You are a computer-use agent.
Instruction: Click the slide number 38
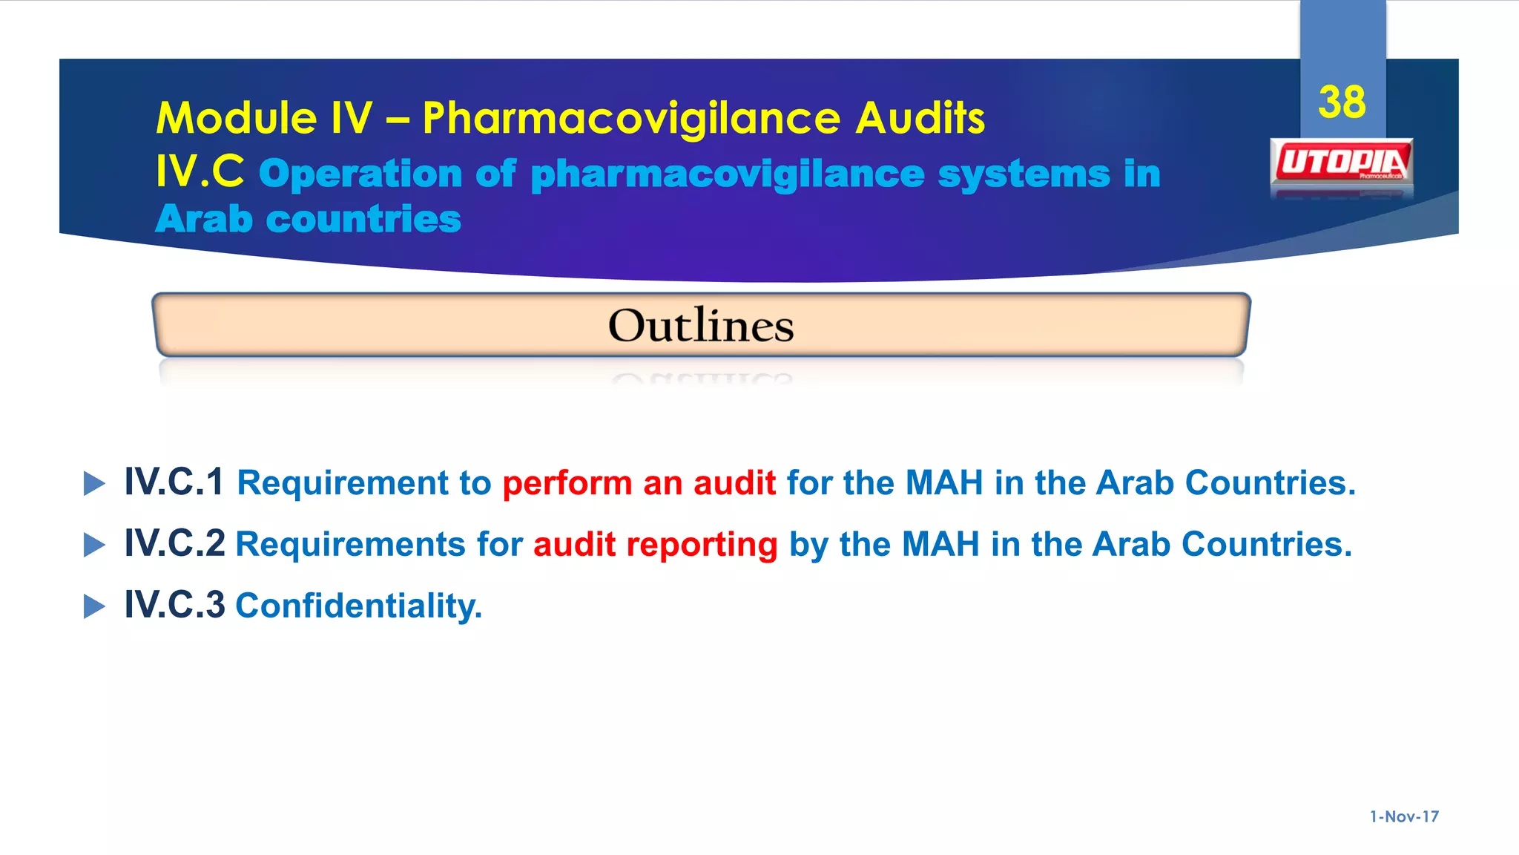(1342, 102)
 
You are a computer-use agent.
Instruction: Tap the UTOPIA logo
(1342, 162)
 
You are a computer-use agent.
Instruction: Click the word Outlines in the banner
(701, 325)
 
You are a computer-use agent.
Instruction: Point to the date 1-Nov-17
(1404, 816)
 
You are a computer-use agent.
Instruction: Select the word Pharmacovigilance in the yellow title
(630, 118)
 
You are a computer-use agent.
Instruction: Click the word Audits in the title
(920, 118)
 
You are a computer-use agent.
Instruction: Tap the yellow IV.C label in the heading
(200, 172)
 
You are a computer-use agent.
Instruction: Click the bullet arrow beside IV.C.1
(94, 483)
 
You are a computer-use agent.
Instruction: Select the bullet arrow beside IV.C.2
(94, 545)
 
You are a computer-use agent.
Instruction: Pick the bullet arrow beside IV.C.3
(94, 606)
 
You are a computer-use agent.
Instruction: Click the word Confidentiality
(358, 606)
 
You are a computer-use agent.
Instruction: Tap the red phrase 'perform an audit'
(639, 483)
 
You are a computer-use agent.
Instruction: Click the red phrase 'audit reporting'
(655, 545)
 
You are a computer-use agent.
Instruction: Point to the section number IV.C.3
(174, 605)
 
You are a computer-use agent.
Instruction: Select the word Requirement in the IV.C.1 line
(343, 483)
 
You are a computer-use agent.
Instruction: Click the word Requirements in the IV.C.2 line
(350, 545)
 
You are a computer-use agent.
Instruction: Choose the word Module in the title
(237, 118)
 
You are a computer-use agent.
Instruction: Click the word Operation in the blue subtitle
(360, 174)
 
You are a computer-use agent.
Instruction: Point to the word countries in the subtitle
(363, 220)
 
